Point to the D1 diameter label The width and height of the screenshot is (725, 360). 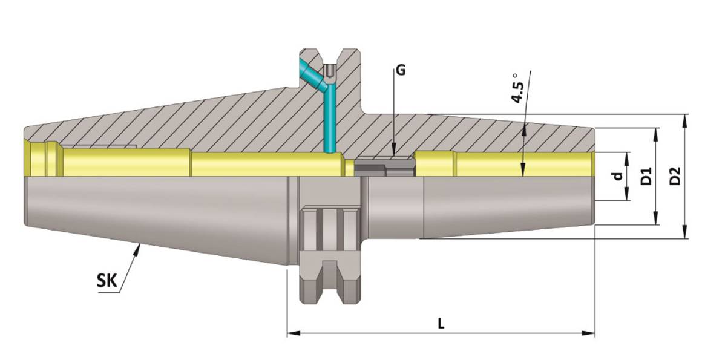click(x=646, y=176)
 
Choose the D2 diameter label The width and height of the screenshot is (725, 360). click(x=675, y=176)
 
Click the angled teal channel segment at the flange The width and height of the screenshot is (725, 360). click(x=313, y=77)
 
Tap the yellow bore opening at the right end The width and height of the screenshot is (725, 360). click(x=591, y=164)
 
